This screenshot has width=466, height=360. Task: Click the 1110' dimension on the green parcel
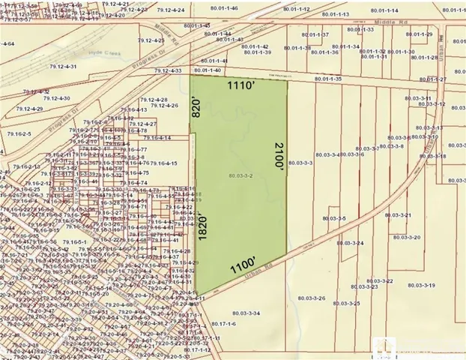point(244,86)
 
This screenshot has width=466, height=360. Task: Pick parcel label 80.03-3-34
point(246,312)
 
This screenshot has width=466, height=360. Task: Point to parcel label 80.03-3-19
point(421,286)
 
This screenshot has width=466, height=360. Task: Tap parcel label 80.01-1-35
point(328,79)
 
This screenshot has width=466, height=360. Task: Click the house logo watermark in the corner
point(383,346)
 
